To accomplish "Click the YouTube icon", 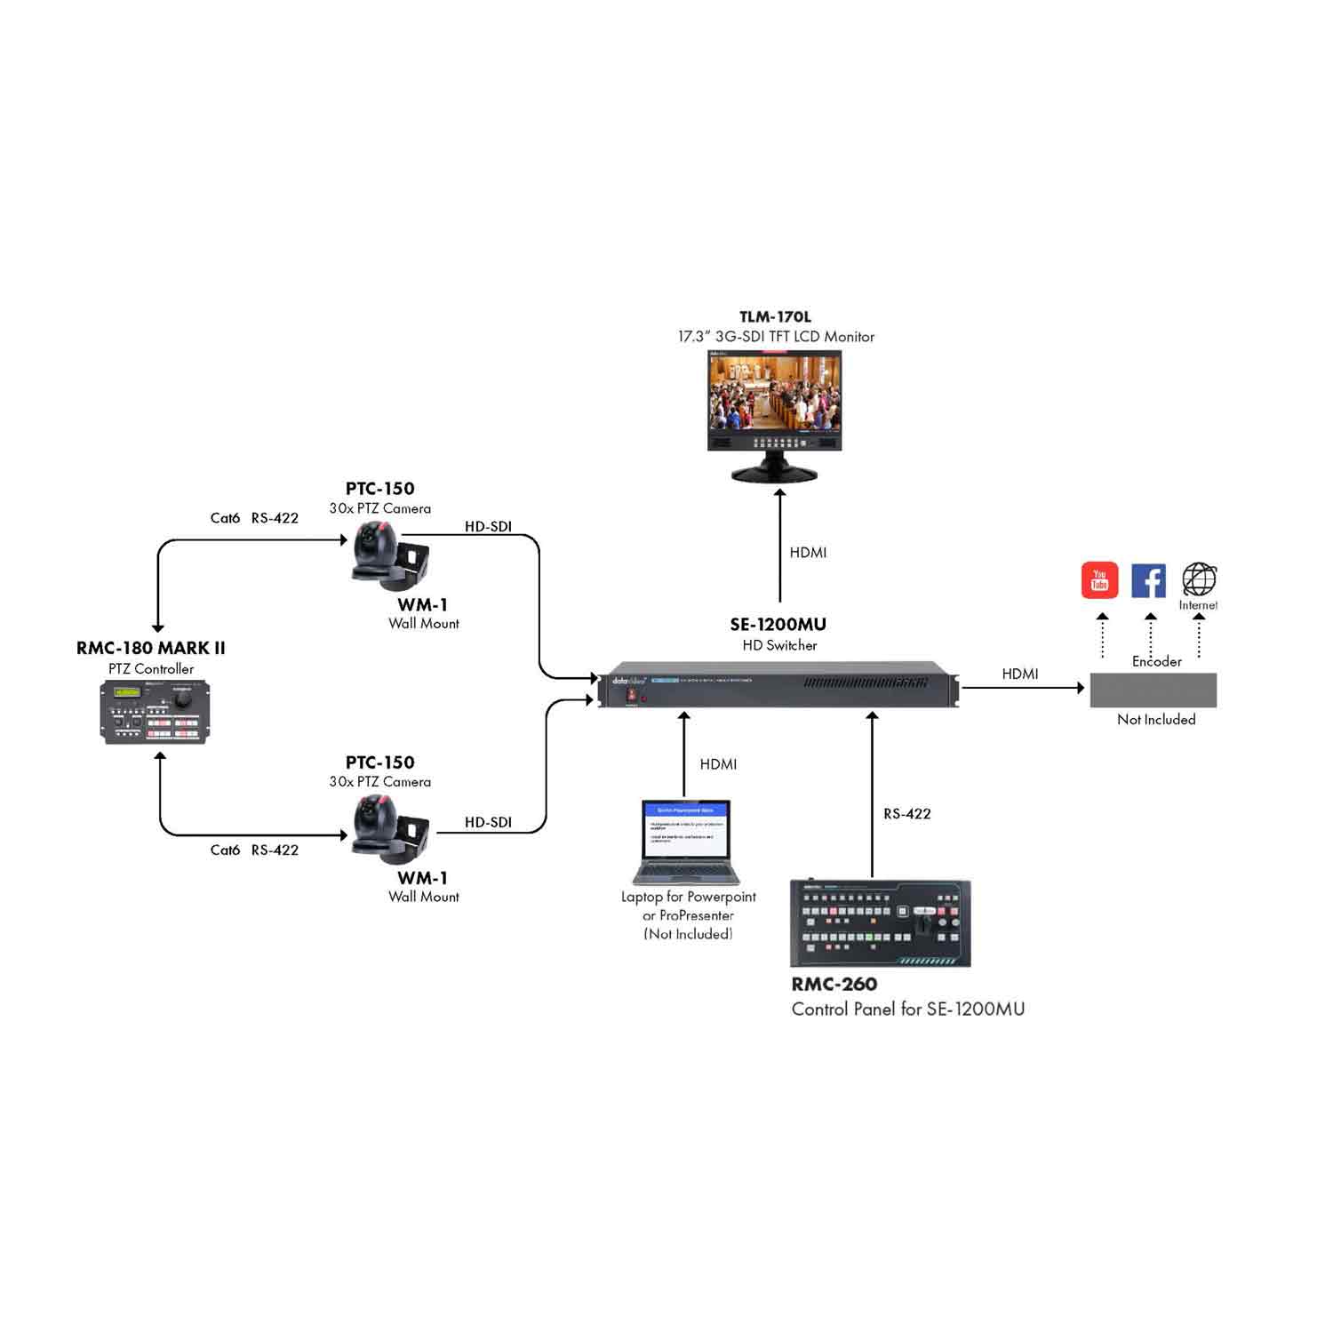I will click(1099, 580).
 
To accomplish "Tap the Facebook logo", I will click(1148, 580).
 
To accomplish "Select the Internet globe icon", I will click(1199, 579).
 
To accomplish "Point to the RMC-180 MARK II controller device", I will click(155, 711).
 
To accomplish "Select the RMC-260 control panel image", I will click(880, 923).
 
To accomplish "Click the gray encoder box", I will click(1153, 690).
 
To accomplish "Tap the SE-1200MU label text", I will click(778, 625).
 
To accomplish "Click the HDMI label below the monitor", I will click(808, 553).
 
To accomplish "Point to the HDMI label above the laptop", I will click(718, 764).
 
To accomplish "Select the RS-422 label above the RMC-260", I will click(906, 814).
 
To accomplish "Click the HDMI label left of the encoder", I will click(1019, 674).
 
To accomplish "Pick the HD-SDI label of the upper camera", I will click(488, 527).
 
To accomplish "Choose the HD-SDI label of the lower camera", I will click(488, 823).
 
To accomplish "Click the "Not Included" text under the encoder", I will click(1155, 720).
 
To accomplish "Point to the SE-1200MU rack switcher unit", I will click(778, 685).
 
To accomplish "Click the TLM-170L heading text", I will click(775, 317).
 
